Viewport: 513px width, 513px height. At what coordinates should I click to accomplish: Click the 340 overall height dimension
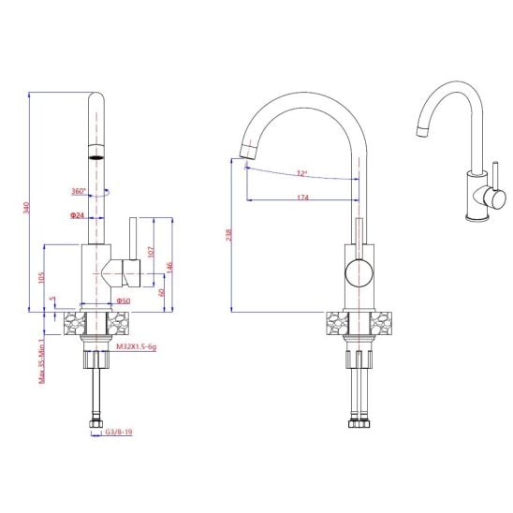pos(26,208)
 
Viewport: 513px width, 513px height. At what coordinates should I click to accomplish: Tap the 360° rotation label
pos(79,191)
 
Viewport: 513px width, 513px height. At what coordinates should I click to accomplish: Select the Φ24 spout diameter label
pos(77,215)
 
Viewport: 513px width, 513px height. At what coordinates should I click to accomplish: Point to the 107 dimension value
pos(151,252)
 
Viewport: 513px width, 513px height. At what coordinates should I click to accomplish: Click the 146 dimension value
pos(169,268)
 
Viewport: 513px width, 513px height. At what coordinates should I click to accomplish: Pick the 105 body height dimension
pos(41,278)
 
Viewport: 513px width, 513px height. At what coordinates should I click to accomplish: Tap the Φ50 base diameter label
pos(123,300)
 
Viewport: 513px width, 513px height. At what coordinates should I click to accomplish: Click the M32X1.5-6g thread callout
pos(137,346)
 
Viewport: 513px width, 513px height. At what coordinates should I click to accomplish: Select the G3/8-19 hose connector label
pos(119,432)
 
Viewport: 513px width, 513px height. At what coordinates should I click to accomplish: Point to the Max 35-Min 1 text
pos(41,361)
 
